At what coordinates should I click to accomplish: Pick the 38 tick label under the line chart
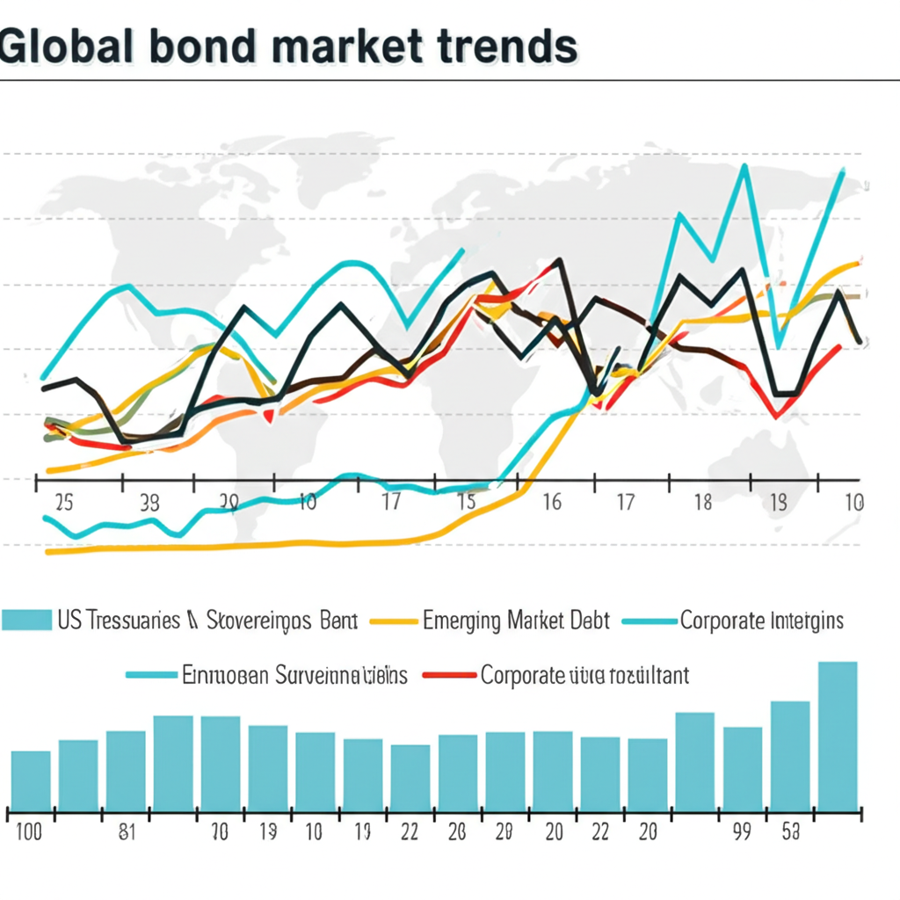(149, 503)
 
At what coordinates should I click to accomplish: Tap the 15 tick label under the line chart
(467, 503)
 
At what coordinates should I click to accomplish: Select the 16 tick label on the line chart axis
(551, 503)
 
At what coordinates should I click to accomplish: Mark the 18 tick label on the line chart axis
(702, 503)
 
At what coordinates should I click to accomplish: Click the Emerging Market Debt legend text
(516, 621)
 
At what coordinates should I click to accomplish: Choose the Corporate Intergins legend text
(761, 621)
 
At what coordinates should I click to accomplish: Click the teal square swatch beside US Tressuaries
(26, 621)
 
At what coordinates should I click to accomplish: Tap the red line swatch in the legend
(449, 676)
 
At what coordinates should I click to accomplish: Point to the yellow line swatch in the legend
(392, 621)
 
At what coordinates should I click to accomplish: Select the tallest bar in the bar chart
(838, 734)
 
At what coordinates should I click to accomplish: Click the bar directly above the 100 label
(31, 780)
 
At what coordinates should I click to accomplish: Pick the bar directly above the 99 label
(743, 767)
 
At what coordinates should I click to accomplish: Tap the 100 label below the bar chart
(29, 832)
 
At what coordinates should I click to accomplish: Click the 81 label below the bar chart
(126, 832)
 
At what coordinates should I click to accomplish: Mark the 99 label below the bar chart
(742, 832)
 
